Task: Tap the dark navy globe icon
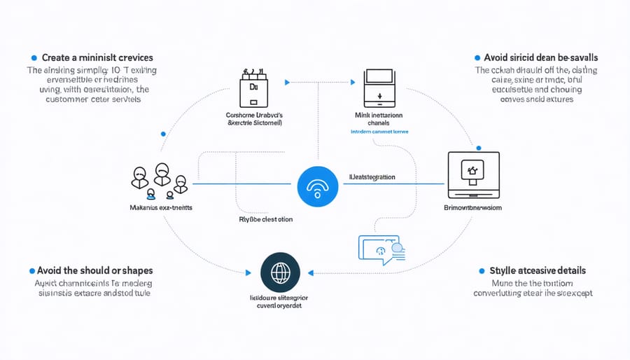(x=279, y=272)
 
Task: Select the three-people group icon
(x=160, y=178)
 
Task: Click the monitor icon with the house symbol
(x=475, y=172)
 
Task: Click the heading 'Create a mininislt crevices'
(x=97, y=57)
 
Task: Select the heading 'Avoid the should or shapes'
(x=97, y=270)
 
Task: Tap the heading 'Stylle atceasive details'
(x=538, y=270)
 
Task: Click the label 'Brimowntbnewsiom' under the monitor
(x=475, y=209)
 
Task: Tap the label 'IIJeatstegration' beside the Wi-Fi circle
(x=372, y=177)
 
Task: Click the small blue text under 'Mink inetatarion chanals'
(x=379, y=131)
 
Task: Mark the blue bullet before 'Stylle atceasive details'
(x=482, y=270)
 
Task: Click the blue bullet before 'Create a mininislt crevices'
(x=34, y=57)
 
